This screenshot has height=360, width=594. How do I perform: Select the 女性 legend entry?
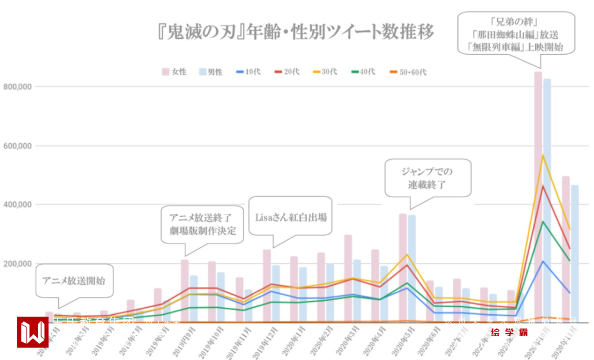(175, 72)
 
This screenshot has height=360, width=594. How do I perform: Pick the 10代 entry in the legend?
(247, 72)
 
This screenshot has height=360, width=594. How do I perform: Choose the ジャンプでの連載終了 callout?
(427, 178)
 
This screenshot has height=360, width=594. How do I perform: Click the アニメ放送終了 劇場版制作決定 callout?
(202, 224)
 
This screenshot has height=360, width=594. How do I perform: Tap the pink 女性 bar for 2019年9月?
(185, 291)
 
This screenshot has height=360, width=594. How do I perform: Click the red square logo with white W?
(33, 332)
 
